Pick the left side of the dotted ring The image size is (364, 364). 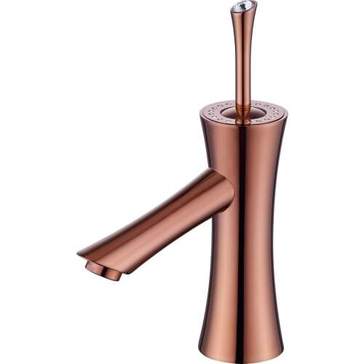click(x=210, y=113)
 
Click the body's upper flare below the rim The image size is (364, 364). click(x=240, y=146)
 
